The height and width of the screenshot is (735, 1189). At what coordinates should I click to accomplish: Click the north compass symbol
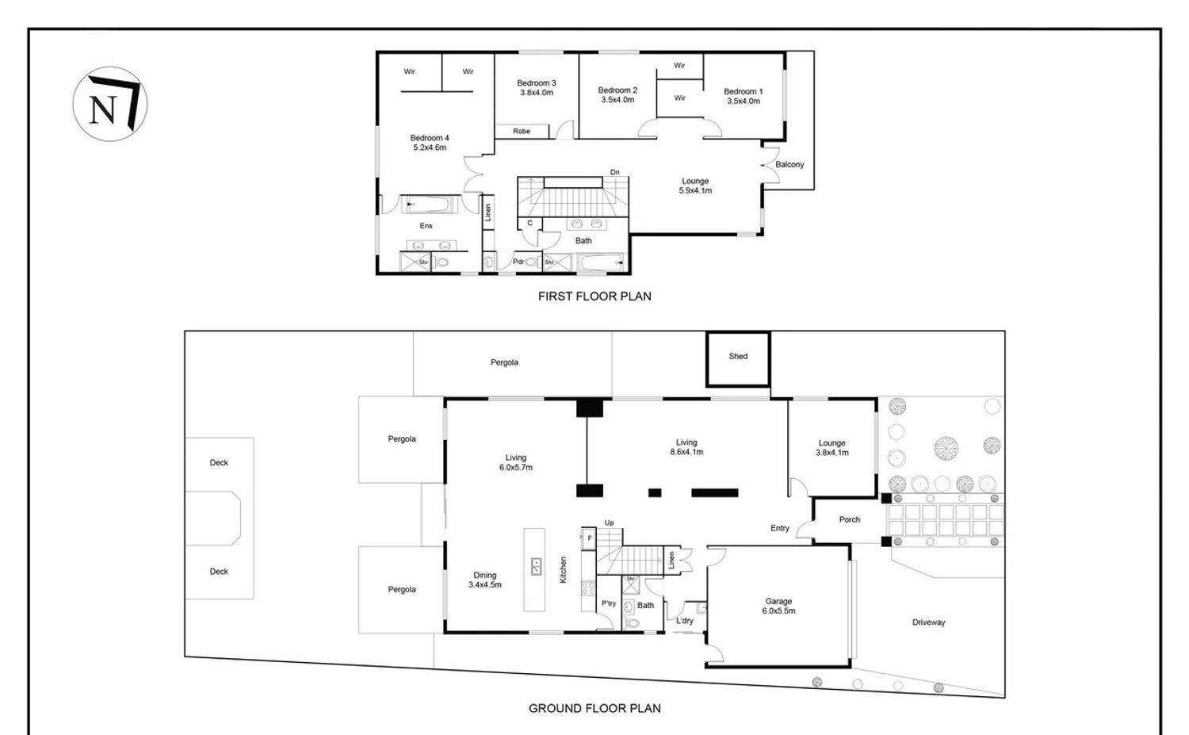110,104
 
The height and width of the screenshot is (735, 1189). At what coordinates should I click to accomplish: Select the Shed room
738,359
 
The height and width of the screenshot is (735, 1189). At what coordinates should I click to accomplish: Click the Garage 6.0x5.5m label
778,606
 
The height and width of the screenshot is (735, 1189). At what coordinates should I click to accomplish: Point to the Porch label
849,519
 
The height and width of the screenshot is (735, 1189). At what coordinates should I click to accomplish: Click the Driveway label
928,622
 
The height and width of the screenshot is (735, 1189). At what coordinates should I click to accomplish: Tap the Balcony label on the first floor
789,165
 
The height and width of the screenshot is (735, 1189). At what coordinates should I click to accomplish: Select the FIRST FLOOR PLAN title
594,297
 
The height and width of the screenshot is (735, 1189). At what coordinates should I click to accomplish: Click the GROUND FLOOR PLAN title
594,709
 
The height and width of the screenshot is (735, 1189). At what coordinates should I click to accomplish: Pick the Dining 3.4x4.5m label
484,580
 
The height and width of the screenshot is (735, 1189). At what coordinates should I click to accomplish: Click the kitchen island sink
536,567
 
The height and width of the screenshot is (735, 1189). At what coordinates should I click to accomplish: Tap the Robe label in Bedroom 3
522,131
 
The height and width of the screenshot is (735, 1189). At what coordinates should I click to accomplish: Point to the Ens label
426,226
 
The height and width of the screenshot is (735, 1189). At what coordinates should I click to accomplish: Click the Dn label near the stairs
614,172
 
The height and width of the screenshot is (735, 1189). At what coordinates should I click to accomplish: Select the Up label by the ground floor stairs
609,523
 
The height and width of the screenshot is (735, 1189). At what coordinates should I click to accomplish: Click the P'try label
608,604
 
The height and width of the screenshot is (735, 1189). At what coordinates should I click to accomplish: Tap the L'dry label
684,621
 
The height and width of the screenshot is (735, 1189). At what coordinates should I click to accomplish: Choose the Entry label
780,528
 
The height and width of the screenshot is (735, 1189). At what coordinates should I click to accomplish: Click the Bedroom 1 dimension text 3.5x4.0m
744,101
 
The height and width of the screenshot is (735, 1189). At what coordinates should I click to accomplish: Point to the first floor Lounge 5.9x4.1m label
695,186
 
